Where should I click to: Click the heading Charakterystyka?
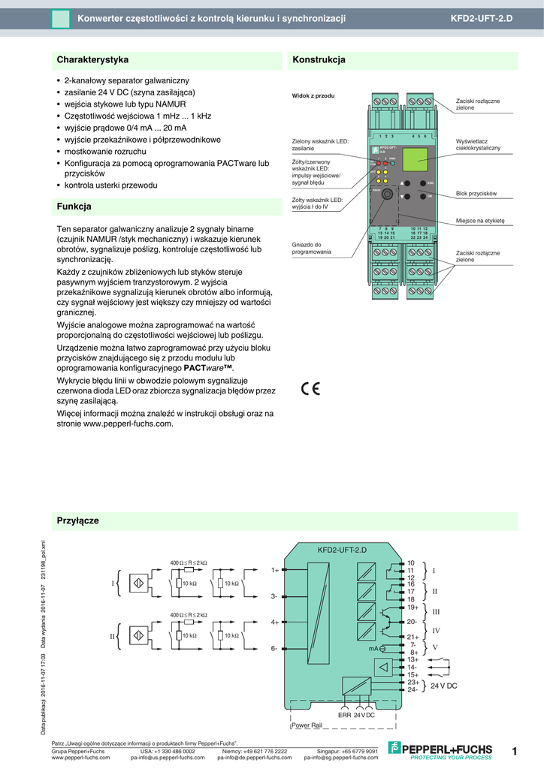pos(93,59)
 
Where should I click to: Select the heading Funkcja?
pos(74,206)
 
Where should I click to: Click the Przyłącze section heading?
pos(78,520)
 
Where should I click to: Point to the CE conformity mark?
pos(310,388)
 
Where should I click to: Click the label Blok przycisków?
pos(476,194)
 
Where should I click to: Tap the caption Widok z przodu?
pos(313,96)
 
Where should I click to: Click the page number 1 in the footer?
pos(514,751)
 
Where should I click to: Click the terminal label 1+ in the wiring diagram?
pos(275,570)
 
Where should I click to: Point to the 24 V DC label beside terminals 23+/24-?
pos(443,686)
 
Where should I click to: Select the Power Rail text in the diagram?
pos(307,725)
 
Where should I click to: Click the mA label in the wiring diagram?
pos(373,647)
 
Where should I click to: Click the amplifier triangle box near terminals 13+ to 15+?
pos(385,667)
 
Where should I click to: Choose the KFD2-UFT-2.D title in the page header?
pos(481,18)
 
